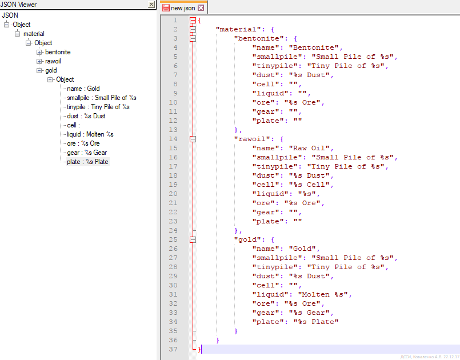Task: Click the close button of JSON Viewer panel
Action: tap(151, 5)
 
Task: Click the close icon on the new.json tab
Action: tap(201, 8)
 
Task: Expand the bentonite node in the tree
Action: tap(39, 52)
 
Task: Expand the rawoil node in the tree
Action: tap(39, 61)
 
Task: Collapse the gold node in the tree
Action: tap(39, 70)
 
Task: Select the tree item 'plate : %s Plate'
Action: tap(88, 162)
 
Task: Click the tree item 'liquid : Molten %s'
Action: tap(90, 134)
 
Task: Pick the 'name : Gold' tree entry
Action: tap(83, 89)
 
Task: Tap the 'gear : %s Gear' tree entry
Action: tap(87, 153)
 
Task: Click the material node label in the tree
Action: tap(34, 34)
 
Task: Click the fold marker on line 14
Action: tap(193, 139)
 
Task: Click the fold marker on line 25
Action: tap(193, 239)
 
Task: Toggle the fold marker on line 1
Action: tap(193, 20)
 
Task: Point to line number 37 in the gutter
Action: tap(173, 349)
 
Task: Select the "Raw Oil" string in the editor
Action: tap(309, 148)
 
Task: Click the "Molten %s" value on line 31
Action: tap(323, 294)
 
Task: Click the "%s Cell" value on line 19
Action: tap(309, 185)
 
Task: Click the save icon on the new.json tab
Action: tap(166, 8)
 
